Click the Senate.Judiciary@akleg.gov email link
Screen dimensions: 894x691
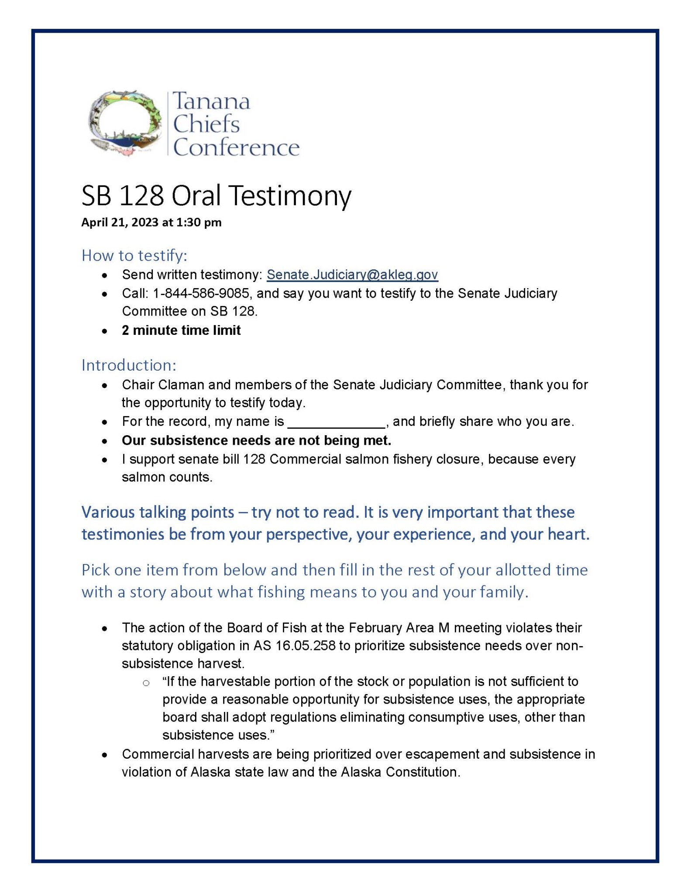tap(352, 275)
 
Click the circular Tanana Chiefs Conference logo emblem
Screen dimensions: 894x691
tap(124, 123)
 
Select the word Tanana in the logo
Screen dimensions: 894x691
tap(212, 101)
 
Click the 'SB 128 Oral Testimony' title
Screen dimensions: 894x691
tap(216, 196)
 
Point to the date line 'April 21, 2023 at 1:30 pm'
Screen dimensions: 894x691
tap(151, 223)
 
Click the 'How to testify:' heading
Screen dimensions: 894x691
tap(134, 255)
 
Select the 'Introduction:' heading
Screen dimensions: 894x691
tap(129, 365)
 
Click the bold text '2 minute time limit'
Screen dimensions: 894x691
tap(181, 330)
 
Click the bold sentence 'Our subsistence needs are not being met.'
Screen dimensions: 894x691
tap(256, 440)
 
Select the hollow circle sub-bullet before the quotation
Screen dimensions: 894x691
tap(146, 683)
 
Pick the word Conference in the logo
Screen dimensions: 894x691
tap(236, 148)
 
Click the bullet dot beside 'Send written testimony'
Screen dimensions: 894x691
tap(104, 275)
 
